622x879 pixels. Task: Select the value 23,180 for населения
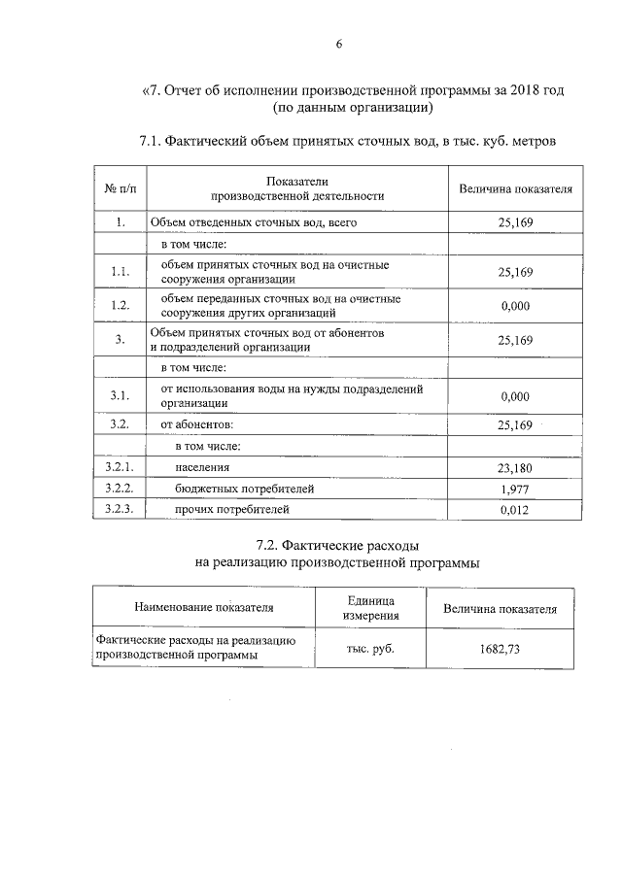[x=515, y=468]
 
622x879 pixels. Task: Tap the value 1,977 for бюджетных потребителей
[x=515, y=489]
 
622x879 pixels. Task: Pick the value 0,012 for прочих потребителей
[x=515, y=509]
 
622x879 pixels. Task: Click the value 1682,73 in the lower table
[x=500, y=649]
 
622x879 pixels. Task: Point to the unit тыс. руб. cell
[x=370, y=649]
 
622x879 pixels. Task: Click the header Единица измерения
[x=370, y=608]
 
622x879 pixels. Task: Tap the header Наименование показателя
[x=204, y=608]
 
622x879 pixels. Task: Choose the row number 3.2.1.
[x=119, y=468]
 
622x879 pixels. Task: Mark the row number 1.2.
[x=119, y=306]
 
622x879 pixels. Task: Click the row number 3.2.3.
[x=119, y=509]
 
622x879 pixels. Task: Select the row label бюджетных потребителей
[x=245, y=489]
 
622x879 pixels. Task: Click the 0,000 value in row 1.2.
[x=515, y=306]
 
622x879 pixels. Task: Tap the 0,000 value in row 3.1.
[x=515, y=396]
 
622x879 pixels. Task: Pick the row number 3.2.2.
[x=119, y=489]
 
